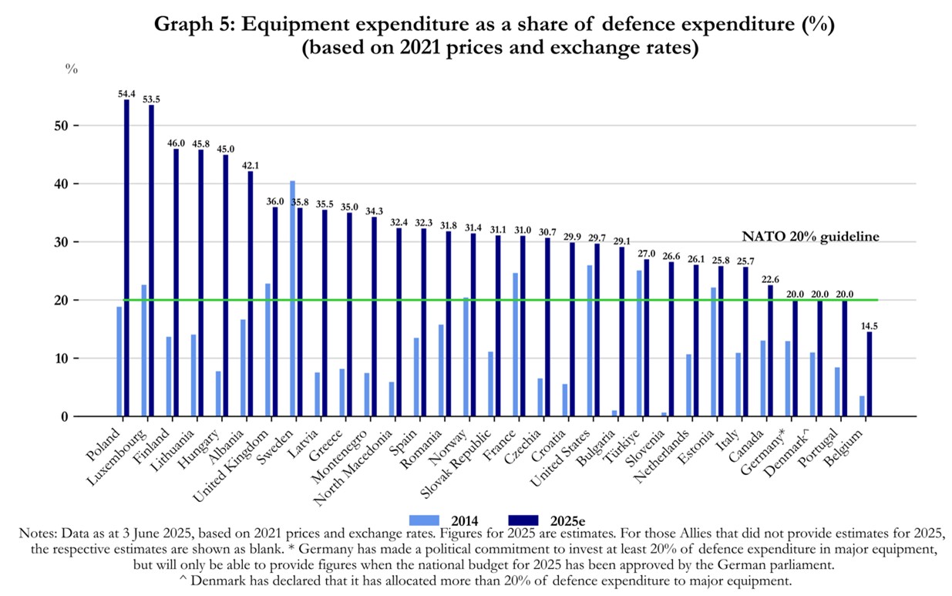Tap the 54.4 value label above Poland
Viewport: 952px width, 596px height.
tap(126, 93)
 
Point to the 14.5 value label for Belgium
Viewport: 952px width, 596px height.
tap(870, 325)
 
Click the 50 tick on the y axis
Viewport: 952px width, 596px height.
tap(66, 126)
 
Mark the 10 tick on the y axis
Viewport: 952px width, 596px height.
tap(66, 359)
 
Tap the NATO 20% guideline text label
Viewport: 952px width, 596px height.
tap(810, 237)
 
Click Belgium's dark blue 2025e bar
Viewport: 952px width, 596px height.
tap(870, 374)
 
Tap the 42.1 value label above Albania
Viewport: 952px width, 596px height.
tap(250, 165)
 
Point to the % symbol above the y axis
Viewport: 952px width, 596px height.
tap(72, 69)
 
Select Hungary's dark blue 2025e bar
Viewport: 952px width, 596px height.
tap(225, 285)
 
